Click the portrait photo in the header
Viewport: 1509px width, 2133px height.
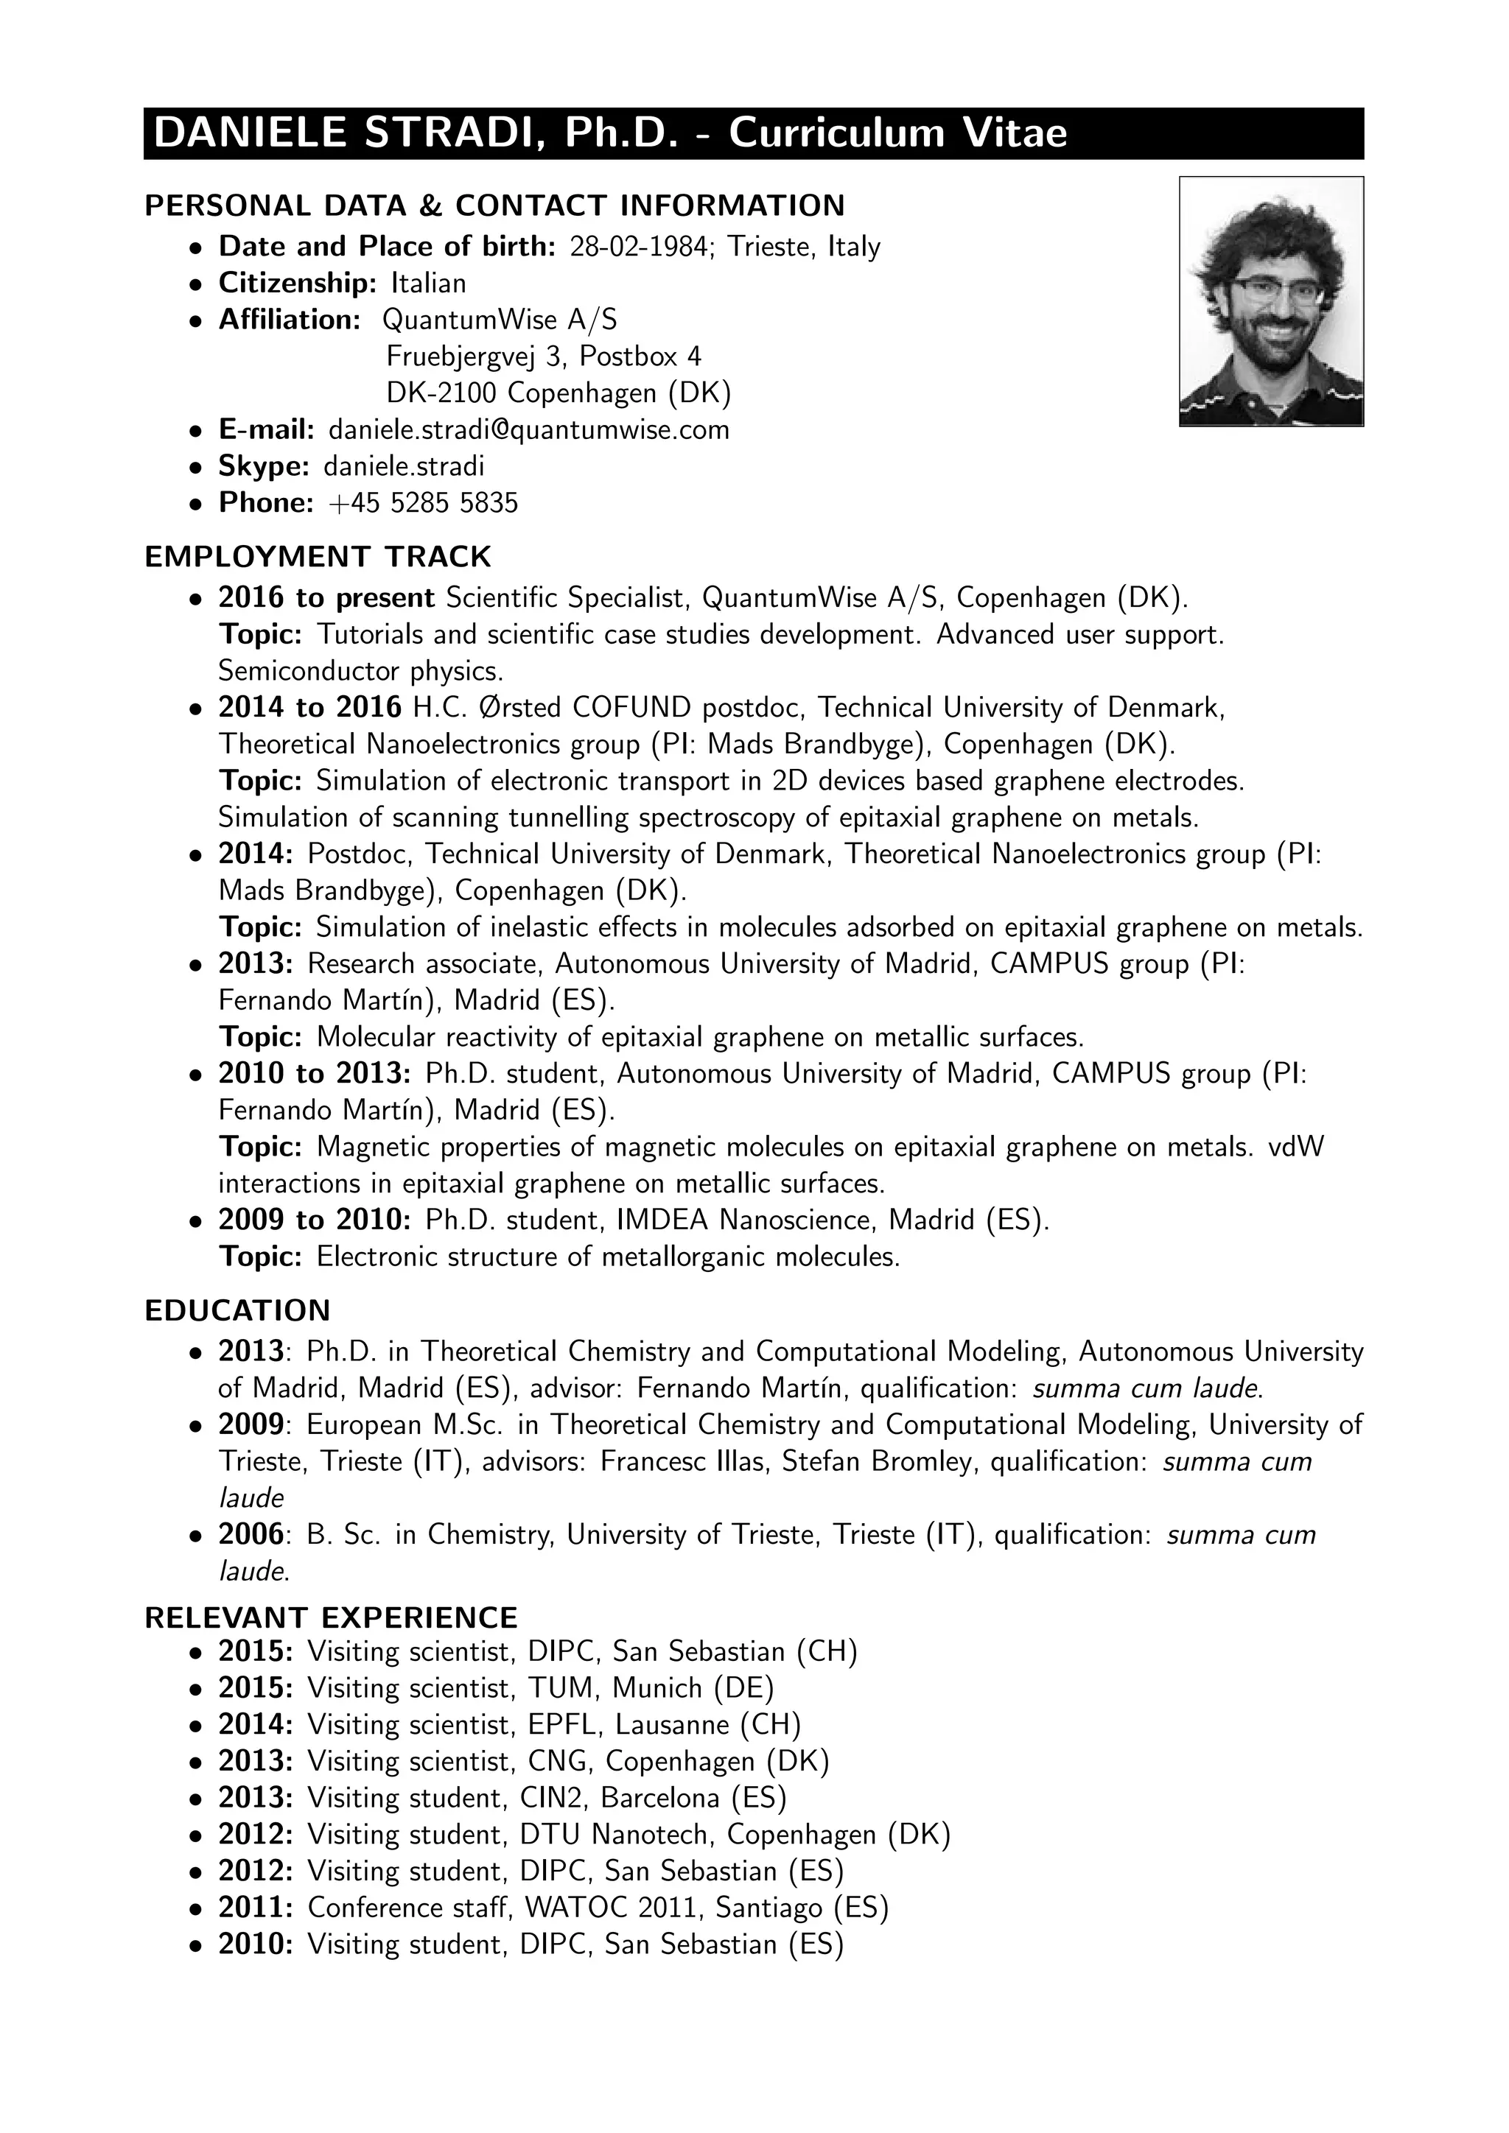coord(1270,301)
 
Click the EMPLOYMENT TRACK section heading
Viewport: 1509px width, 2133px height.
coord(318,557)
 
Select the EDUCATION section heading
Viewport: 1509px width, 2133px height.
coord(238,1311)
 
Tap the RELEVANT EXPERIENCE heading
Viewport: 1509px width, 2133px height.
coord(331,1617)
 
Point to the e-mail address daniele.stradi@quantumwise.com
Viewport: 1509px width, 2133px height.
coord(529,429)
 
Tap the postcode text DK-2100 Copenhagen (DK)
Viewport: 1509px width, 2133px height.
coord(559,393)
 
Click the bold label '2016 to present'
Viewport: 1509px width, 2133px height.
coord(326,597)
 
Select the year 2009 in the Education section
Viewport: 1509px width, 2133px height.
coord(250,1424)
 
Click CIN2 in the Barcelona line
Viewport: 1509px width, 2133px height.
coord(555,1798)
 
